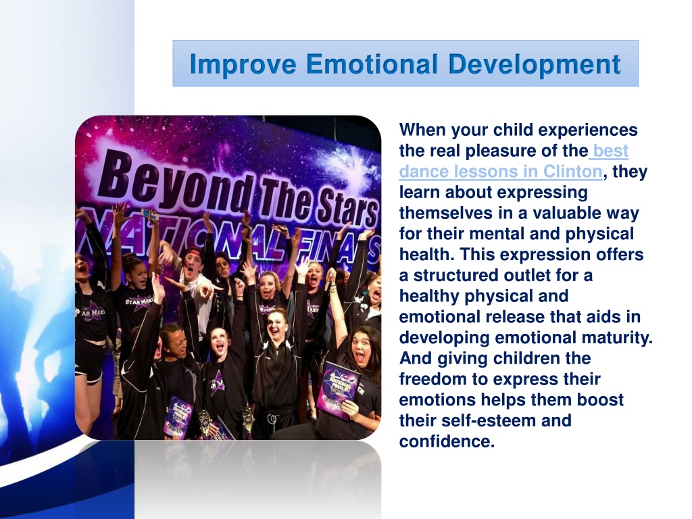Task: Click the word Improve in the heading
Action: tap(243, 64)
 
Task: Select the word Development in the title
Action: tap(535, 64)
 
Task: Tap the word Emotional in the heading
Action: tap(372, 64)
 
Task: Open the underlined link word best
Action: tap(611, 151)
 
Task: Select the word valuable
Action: tap(566, 213)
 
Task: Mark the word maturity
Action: tap(617, 338)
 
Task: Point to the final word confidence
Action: tap(447, 441)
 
